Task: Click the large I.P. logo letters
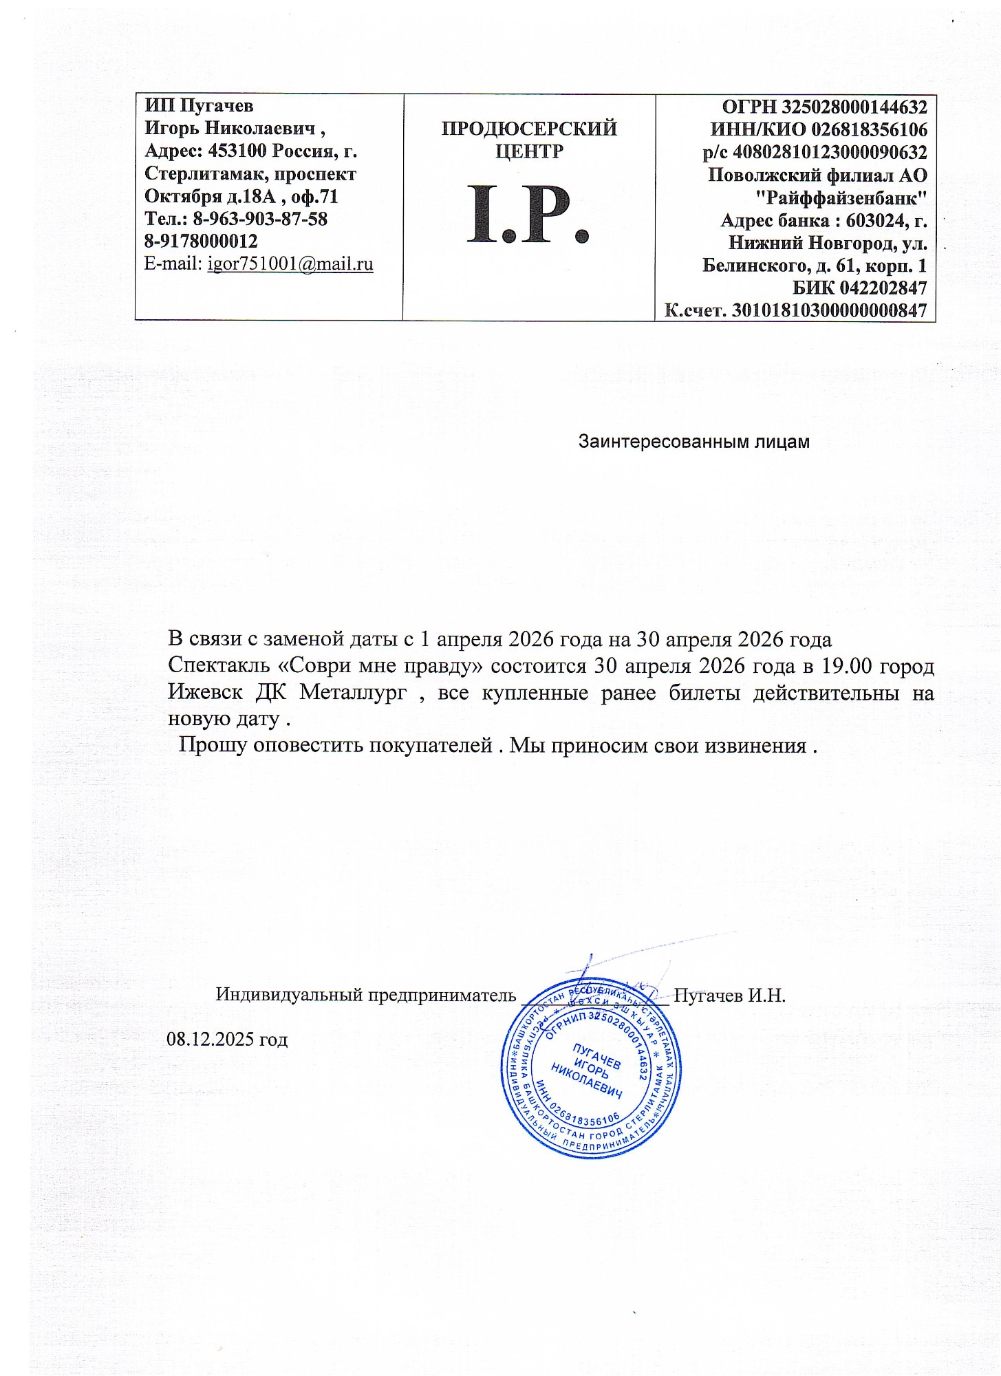528,215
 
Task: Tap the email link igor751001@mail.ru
290,264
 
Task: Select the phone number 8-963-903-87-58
260,219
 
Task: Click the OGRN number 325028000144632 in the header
852,107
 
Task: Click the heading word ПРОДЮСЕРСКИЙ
529,129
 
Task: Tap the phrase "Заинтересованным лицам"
693,442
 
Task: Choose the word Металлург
353,692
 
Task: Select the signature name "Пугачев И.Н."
729,995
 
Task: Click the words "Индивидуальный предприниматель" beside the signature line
365,995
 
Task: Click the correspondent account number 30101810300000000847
828,310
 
